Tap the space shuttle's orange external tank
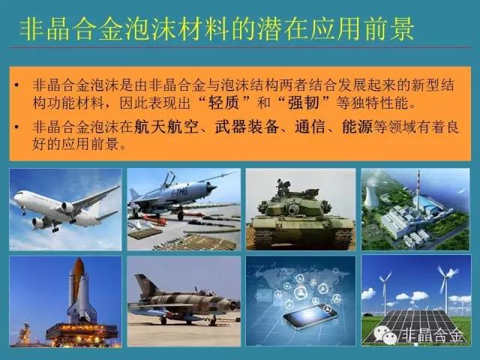(78, 277)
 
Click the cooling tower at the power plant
(371, 196)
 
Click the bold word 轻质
(223, 103)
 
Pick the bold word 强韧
(304, 103)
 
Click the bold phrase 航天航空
(166, 127)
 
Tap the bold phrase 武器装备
(247, 127)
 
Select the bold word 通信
(310, 127)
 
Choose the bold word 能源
(357, 127)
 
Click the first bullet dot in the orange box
(16, 85)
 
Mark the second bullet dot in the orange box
(16, 127)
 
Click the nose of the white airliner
(15, 197)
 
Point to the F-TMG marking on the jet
(179, 193)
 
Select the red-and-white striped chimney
(418, 184)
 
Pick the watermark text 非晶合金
(432, 335)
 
